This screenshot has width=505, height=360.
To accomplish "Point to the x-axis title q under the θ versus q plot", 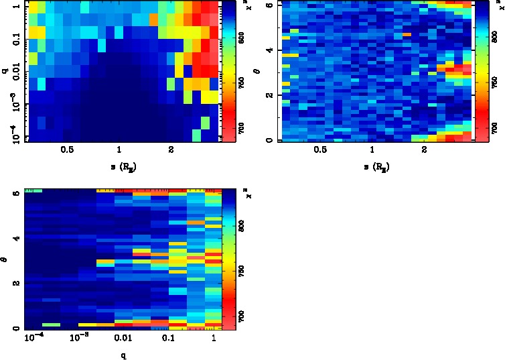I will [x=123, y=355].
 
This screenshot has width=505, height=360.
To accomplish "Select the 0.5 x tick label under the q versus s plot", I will [x=67, y=151].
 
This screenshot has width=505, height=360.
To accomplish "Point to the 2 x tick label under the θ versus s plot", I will [x=425, y=151].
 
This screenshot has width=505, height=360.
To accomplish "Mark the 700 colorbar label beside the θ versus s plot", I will [x=496, y=126].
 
